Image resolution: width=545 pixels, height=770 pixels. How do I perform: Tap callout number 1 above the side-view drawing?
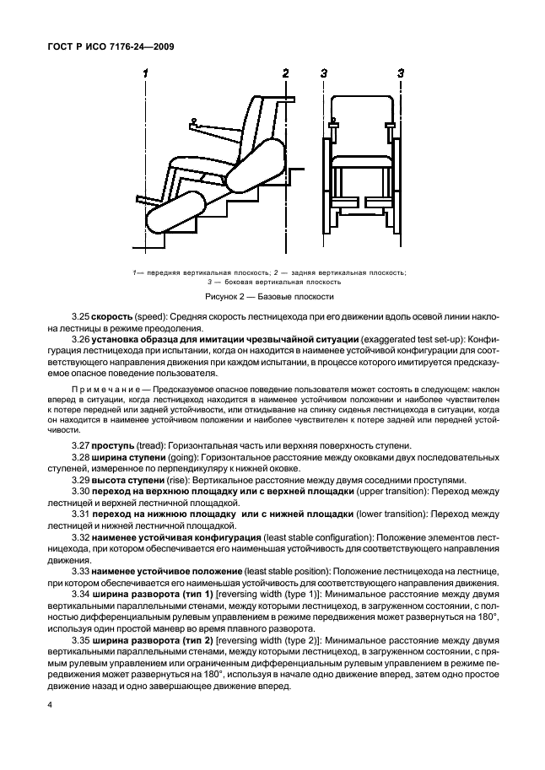[146, 73]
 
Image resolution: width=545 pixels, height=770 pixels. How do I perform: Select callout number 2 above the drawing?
[286, 73]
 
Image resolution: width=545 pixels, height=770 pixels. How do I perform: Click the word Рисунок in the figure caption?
[224, 297]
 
